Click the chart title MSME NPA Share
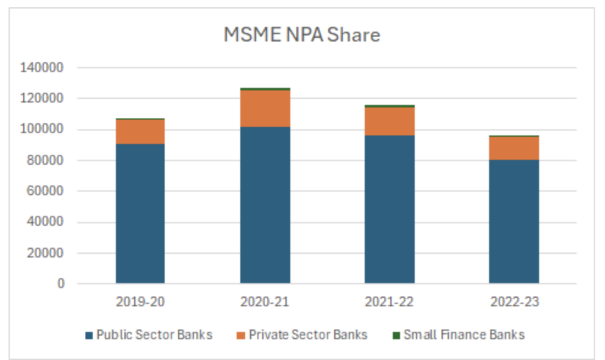pos(302,35)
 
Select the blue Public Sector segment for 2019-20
pos(140,214)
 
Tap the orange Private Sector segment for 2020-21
pos(265,108)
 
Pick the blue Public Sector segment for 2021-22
pos(390,209)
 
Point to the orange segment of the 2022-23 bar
pos(514,148)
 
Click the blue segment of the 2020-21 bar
pos(265,205)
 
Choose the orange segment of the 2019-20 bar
pos(140,132)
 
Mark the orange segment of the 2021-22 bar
pos(390,121)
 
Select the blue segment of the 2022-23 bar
pos(514,221)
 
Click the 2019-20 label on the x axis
pos(140,301)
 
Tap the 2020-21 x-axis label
pos(265,301)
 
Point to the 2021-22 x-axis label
pos(390,301)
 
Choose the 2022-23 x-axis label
pos(514,301)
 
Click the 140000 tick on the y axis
pos(43,68)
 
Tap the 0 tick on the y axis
pos(61,284)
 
